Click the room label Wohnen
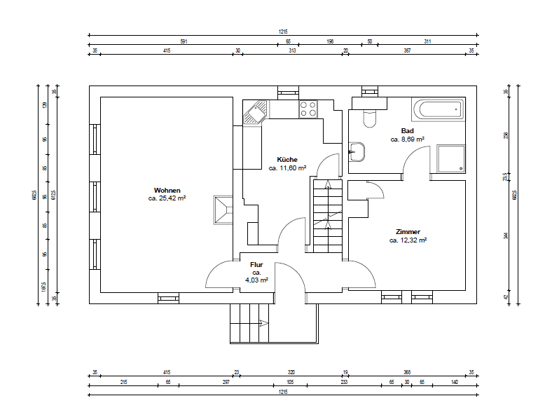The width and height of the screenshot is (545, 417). click(x=167, y=190)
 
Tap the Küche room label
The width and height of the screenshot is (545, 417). click(x=287, y=160)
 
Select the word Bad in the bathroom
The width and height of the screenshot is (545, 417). click(x=407, y=131)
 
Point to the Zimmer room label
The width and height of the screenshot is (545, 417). click(x=408, y=231)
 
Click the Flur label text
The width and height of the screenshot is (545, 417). click(x=256, y=264)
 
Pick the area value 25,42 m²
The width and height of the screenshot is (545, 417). click(x=167, y=198)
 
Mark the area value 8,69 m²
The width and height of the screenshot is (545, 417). click(x=407, y=139)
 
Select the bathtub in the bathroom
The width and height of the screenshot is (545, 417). click(x=438, y=109)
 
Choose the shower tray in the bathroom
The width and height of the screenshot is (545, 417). click(x=450, y=158)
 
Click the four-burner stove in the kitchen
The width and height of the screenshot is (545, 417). click(x=308, y=109)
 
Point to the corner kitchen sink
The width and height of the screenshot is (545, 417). click(x=255, y=112)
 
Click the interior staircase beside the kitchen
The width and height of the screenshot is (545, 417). click(x=326, y=217)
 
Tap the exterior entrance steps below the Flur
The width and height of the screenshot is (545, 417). click(x=250, y=323)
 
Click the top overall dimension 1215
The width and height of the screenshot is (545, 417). click(x=284, y=31)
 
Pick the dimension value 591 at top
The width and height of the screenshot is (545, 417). click(x=184, y=42)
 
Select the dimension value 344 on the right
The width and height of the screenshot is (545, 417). click(x=505, y=236)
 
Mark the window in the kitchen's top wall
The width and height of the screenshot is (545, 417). click(x=287, y=90)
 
